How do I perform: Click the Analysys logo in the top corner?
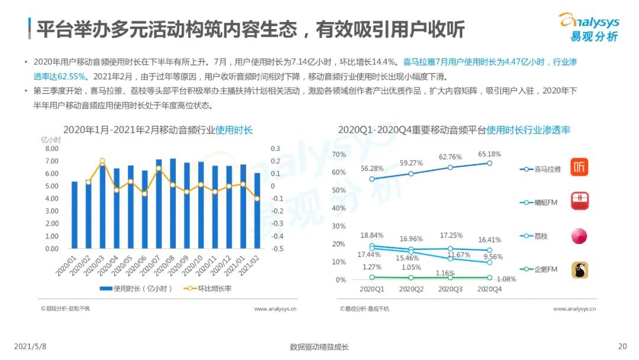(588, 27)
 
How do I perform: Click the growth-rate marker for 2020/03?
(102, 161)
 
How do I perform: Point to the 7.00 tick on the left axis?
(51, 161)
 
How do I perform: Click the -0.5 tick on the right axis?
(276, 249)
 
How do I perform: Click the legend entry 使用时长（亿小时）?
(136, 288)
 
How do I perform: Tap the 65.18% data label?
(489, 154)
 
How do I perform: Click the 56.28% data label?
(372, 168)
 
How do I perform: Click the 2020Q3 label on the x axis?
(450, 289)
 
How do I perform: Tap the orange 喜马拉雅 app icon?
(579, 168)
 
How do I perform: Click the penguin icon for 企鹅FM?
(579, 270)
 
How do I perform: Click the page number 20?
(622, 346)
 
